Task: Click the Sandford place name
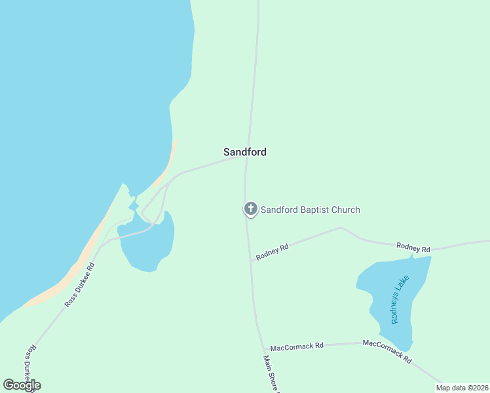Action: (244, 152)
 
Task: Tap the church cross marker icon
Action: (250, 210)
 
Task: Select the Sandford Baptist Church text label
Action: (311, 210)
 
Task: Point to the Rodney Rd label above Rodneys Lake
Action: (413, 248)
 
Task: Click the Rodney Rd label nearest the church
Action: (273, 252)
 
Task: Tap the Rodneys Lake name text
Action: (400, 299)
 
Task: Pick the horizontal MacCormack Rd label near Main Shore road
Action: (297, 346)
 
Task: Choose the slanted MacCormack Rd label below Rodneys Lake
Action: (387, 352)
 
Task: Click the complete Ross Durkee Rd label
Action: (81, 285)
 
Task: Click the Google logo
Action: (22, 385)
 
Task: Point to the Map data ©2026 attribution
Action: (462, 388)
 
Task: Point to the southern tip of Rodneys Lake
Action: (407, 348)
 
